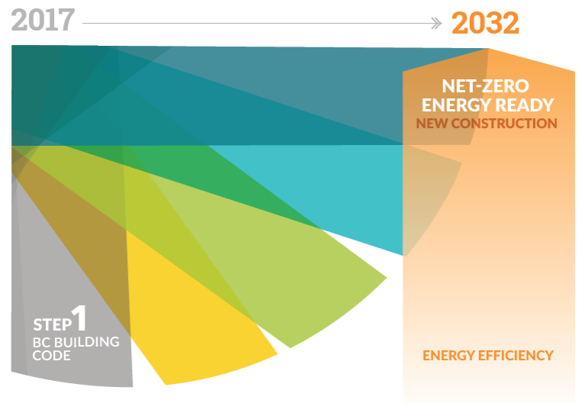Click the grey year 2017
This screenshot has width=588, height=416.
(43, 21)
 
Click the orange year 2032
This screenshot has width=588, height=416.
(485, 23)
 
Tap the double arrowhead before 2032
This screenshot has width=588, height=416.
(436, 23)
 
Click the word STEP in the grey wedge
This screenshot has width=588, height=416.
(52, 324)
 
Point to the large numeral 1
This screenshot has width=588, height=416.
(79, 318)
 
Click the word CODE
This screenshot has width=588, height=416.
(51, 356)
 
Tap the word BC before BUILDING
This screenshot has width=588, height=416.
(42, 342)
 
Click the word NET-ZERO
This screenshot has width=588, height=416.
(485, 86)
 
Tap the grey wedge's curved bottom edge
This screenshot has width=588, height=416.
(71, 382)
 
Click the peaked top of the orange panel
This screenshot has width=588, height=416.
(489, 49)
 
